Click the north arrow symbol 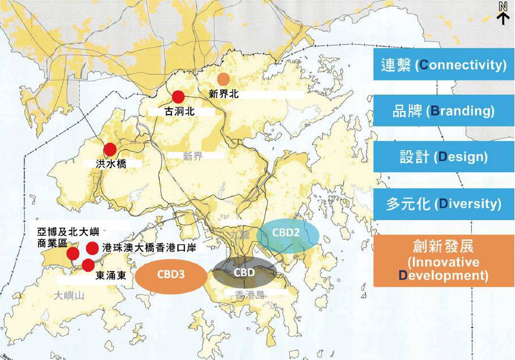pyautogui.click(x=503, y=12)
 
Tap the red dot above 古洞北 pyautogui.click(x=179, y=97)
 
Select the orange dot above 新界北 pyautogui.click(x=224, y=79)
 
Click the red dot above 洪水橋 pyautogui.click(x=110, y=149)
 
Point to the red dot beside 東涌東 pyautogui.click(x=87, y=265)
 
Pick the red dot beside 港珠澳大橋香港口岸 pyautogui.click(x=92, y=248)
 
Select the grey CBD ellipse pyautogui.click(x=244, y=273)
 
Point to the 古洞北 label pyautogui.click(x=179, y=112)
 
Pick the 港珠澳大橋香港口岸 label pyautogui.click(x=149, y=248)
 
